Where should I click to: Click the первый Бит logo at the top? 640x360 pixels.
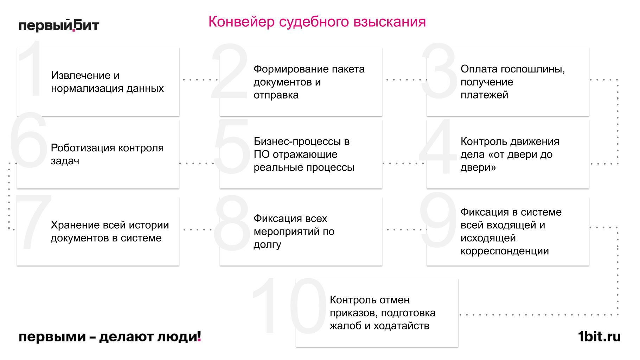59,25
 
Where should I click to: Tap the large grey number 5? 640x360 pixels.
232,147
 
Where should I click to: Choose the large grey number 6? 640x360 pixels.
29,141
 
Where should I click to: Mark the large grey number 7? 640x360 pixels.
33,222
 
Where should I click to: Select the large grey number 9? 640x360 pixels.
438,220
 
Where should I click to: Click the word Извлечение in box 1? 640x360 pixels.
80,75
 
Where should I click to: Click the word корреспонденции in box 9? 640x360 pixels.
504,251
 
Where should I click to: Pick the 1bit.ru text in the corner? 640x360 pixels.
599,337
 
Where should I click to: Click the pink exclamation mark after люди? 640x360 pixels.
199,336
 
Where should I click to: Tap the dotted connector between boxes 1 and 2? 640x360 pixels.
200,80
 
